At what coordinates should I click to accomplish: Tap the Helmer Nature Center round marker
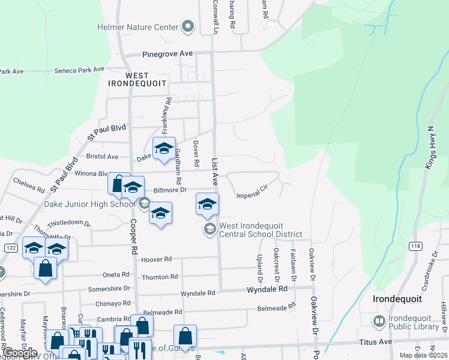[x=188, y=26]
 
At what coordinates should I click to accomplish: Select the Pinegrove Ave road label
[x=167, y=54]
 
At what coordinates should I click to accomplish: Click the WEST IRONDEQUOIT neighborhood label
[x=145, y=80]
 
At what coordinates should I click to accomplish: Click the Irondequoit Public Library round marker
[x=379, y=322]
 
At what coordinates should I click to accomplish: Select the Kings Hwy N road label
[x=430, y=148]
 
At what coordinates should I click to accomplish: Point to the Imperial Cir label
[x=252, y=195]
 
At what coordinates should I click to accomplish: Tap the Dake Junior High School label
[x=89, y=204]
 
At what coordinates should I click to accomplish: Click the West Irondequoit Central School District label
[x=260, y=230]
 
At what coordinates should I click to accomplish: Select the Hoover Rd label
[x=157, y=260]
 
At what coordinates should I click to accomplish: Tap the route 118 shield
[x=415, y=246]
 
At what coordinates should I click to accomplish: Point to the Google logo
[x=19, y=353]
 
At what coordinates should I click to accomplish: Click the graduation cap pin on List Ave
[x=207, y=203]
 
